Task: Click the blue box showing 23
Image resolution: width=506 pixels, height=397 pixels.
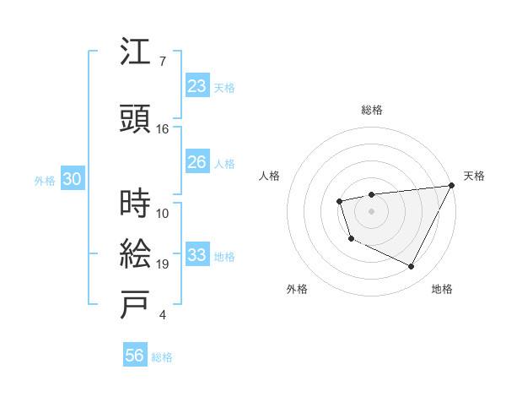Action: click(x=196, y=86)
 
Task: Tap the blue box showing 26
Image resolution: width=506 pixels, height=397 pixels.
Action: click(x=196, y=163)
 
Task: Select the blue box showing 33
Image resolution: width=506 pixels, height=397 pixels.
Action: click(x=196, y=255)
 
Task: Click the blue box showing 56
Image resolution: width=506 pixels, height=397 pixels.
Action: click(x=135, y=356)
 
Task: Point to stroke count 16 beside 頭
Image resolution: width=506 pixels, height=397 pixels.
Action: click(x=163, y=129)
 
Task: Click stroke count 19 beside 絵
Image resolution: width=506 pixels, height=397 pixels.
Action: click(x=163, y=264)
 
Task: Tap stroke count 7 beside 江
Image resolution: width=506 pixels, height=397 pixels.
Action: click(x=163, y=61)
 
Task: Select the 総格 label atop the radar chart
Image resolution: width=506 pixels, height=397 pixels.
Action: click(x=372, y=110)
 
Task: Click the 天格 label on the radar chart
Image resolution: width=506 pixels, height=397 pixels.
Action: click(x=475, y=176)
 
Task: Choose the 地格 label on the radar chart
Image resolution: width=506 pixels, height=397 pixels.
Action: click(x=442, y=290)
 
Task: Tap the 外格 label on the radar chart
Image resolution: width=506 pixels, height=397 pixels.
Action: click(x=297, y=290)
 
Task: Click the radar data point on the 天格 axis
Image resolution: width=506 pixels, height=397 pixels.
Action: click(x=451, y=185)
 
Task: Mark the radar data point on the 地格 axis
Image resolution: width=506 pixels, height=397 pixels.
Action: click(x=412, y=267)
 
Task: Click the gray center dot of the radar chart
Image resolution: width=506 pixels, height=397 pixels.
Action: click(x=371, y=210)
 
